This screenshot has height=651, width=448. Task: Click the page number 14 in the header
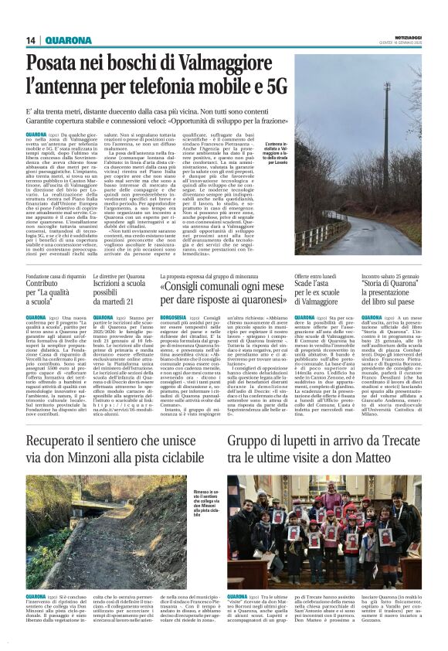click(31, 40)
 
